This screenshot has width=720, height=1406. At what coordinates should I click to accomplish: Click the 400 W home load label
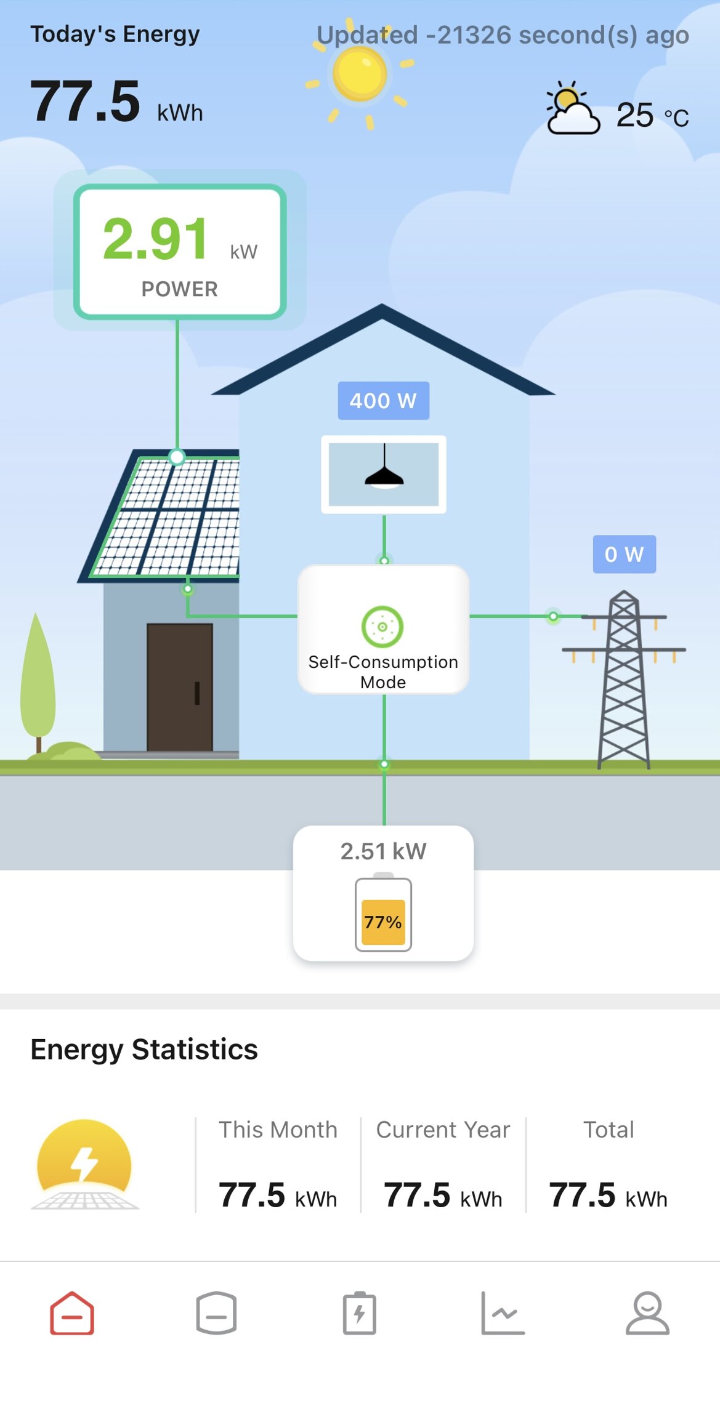pos(383,401)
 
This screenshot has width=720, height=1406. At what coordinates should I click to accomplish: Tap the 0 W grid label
pos(624,554)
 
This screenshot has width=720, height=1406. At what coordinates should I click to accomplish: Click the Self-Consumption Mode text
pos(383,672)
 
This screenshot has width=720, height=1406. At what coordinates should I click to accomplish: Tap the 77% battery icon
pos(383,915)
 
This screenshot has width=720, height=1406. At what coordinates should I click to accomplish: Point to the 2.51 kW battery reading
pos(383,851)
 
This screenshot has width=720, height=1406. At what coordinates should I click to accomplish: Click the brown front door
pos(180,687)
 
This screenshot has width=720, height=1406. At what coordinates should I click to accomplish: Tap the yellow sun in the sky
pos(360,74)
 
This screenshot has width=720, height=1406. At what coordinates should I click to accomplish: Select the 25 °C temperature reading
pos(652,115)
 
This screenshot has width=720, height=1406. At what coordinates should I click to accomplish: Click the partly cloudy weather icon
pos(572,108)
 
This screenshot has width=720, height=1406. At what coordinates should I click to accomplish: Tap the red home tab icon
pos(72,1314)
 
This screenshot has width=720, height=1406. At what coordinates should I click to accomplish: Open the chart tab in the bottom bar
pos(503,1314)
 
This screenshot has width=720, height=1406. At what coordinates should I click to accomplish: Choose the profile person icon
pos(647,1314)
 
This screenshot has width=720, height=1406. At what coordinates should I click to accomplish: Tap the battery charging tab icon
pos(360,1314)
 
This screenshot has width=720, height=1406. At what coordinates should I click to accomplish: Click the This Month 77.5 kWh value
pos(278,1195)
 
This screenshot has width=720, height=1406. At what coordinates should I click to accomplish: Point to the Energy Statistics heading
pos(144,1050)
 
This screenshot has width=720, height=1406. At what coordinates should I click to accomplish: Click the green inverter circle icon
pos(382,627)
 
